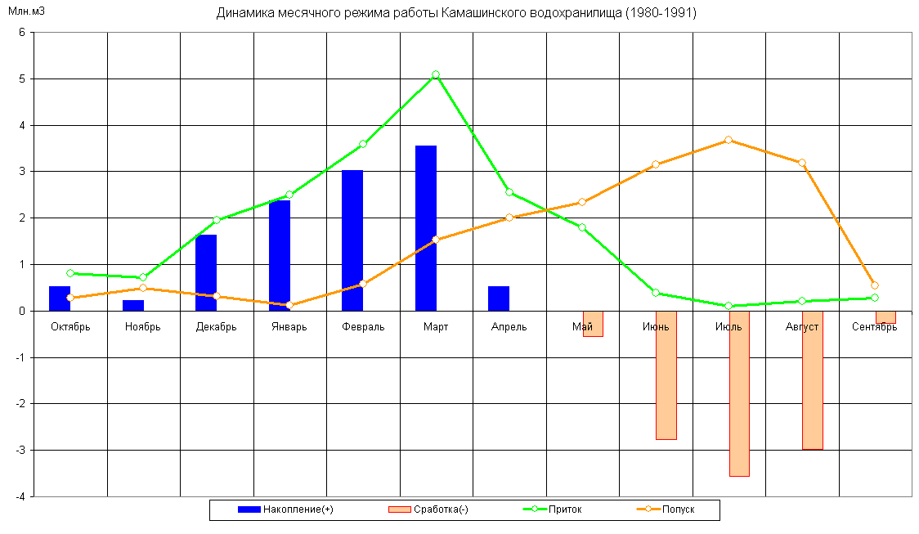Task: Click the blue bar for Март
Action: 425,228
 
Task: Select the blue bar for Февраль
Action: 352,240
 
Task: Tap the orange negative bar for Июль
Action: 739,393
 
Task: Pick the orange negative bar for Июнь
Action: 666,375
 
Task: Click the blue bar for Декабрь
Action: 206,272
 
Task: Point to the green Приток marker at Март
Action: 436,74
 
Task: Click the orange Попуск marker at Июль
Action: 728,140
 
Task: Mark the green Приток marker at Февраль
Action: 363,144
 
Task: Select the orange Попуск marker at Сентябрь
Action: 875,285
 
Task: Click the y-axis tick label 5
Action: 22,79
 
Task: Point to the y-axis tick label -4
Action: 20,496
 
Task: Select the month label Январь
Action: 289,327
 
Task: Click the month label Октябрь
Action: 70,327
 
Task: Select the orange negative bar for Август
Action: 813,380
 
